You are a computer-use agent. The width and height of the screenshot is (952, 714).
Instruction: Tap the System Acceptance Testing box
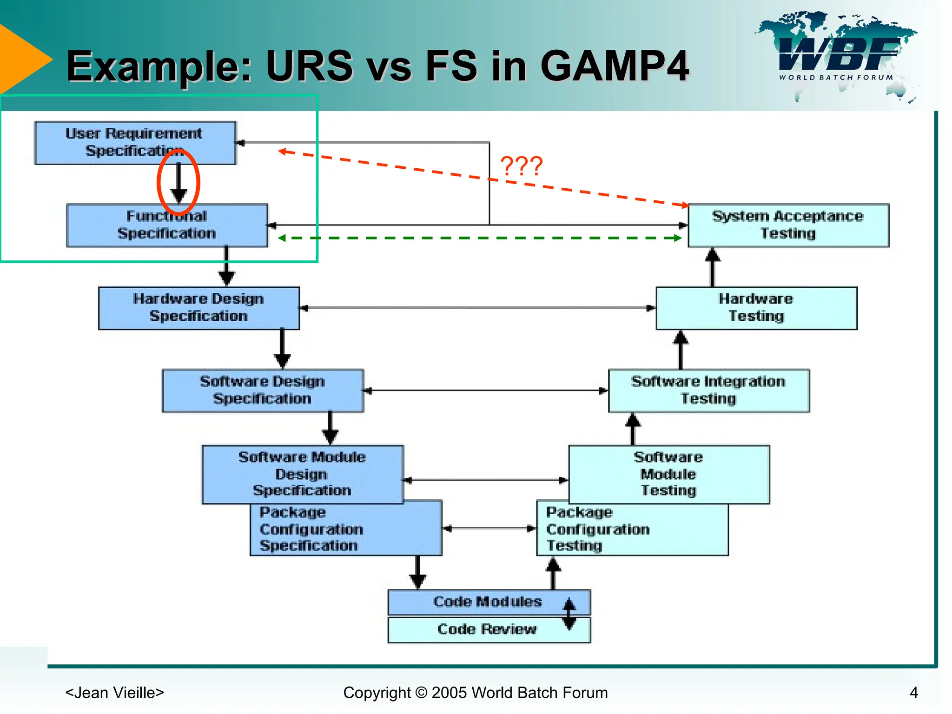tap(788, 225)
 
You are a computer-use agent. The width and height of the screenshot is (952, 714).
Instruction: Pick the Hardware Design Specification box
tap(198, 308)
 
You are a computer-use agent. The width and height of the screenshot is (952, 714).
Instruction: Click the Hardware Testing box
tap(756, 308)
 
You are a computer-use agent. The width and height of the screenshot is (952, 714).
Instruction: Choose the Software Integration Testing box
tap(708, 390)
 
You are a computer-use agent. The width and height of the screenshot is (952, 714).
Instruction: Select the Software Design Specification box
tap(262, 390)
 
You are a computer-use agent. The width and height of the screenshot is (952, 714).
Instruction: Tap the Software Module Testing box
tap(668, 474)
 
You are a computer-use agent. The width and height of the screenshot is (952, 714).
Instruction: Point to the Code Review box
tap(487, 630)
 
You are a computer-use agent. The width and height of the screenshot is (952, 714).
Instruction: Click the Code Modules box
tap(487, 602)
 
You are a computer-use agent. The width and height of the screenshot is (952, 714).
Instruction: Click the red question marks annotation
tap(521, 166)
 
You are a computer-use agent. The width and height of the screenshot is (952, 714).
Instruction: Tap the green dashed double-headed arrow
tap(479, 238)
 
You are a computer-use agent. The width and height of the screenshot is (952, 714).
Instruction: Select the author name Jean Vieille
tap(114, 693)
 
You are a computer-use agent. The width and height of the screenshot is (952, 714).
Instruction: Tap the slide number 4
tap(913, 693)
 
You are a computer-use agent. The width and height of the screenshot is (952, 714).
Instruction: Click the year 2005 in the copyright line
tap(449, 693)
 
